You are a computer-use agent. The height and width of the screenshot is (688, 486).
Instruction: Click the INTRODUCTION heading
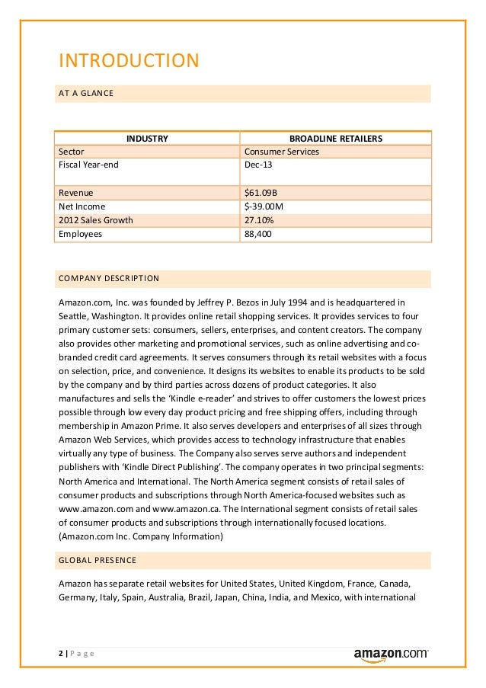tap(128, 59)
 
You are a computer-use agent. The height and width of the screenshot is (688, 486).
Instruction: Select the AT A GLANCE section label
tap(85, 94)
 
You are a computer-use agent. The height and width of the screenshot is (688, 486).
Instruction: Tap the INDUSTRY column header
tap(147, 139)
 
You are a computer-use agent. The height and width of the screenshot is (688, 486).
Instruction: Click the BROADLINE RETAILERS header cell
tap(336, 139)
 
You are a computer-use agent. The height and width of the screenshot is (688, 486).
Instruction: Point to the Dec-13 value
tap(257, 164)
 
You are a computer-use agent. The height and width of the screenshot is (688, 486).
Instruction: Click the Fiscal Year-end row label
tap(88, 164)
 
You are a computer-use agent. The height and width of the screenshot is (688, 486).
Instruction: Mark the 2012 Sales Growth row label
tap(95, 220)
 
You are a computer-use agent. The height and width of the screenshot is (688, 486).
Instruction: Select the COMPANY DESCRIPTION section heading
tap(109, 278)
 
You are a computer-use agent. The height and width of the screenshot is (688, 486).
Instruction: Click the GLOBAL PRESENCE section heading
tap(98, 561)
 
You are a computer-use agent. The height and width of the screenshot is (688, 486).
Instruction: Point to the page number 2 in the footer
tap(61, 654)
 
